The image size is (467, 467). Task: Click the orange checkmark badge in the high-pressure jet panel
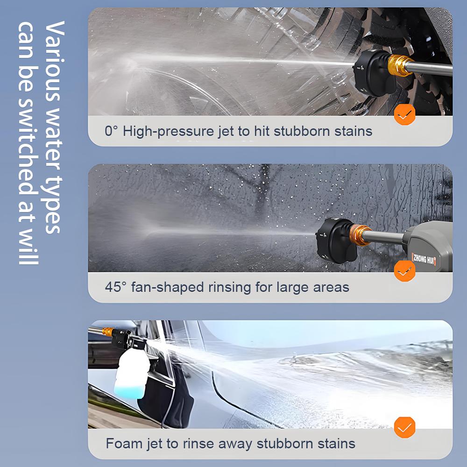(x=404, y=113)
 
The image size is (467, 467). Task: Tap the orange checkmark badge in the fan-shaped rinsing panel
(x=404, y=270)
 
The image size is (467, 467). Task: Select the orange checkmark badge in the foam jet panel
(x=404, y=426)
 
